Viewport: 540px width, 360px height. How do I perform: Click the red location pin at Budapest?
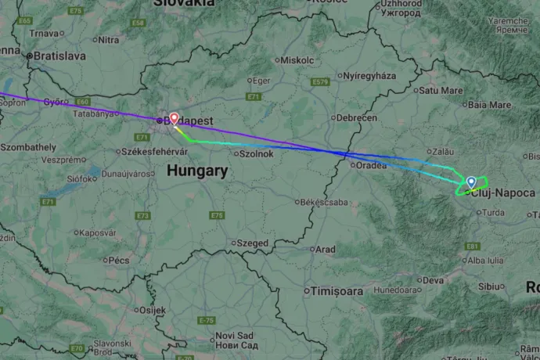click(x=174, y=118)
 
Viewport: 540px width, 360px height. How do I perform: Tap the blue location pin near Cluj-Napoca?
click(x=471, y=182)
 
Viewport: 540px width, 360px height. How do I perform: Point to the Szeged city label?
click(x=253, y=243)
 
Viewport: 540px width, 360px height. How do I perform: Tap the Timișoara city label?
click(x=338, y=291)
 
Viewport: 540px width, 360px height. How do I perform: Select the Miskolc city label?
click(x=297, y=59)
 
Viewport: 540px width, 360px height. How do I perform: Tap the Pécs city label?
click(x=118, y=260)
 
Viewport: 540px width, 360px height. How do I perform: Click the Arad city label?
click(x=324, y=250)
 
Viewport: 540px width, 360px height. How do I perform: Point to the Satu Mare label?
click(x=441, y=91)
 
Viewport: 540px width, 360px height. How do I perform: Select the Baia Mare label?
click(x=491, y=104)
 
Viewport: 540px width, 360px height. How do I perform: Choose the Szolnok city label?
click(x=256, y=153)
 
